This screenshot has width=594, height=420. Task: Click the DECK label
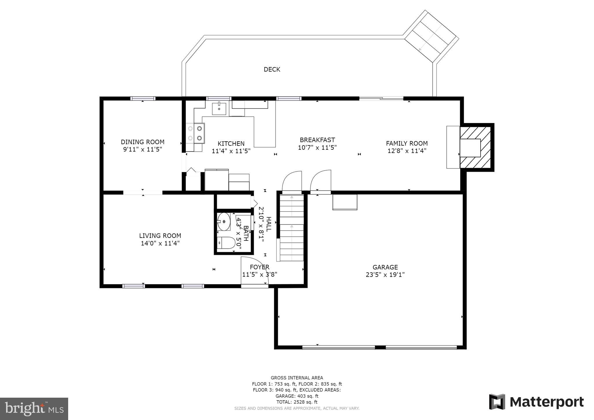pyautogui.click(x=272, y=69)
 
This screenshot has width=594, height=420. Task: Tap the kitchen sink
pyautogui.click(x=219, y=108)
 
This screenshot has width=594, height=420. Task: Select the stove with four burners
pyautogui.click(x=195, y=133)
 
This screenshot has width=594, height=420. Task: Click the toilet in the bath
pyautogui.click(x=226, y=243)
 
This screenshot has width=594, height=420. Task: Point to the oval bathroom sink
pyautogui.click(x=224, y=222)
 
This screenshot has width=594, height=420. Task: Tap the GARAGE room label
pyautogui.click(x=385, y=267)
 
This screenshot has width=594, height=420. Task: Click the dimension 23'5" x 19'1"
pyautogui.click(x=385, y=275)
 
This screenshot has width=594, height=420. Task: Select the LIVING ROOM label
pyautogui.click(x=160, y=236)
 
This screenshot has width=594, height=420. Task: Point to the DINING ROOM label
pyautogui.click(x=142, y=142)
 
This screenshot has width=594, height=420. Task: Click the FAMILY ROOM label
pyautogui.click(x=407, y=143)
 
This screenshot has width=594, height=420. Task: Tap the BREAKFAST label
pyautogui.click(x=317, y=140)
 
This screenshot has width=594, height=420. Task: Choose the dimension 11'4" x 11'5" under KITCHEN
pyautogui.click(x=231, y=151)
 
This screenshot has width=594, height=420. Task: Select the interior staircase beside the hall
pyautogui.click(x=291, y=228)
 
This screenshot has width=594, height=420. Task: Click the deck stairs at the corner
pyautogui.click(x=431, y=37)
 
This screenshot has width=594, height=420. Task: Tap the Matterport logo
pyautogui.click(x=536, y=402)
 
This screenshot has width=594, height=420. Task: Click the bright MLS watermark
pyautogui.click(x=34, y=409)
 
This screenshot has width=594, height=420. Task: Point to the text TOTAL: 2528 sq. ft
pyautogui.click(x=297, y=402)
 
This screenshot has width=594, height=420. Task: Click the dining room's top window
pyautogui.click(x=143, y=99)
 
